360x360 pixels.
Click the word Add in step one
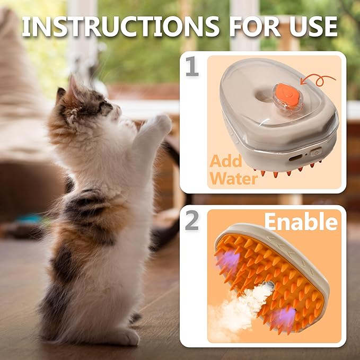pyautogui.click(x=226, y=161)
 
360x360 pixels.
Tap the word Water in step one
pyautogui.click(x=233, y=179)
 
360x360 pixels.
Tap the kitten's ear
pyautogui.click(x=72, y=87)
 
